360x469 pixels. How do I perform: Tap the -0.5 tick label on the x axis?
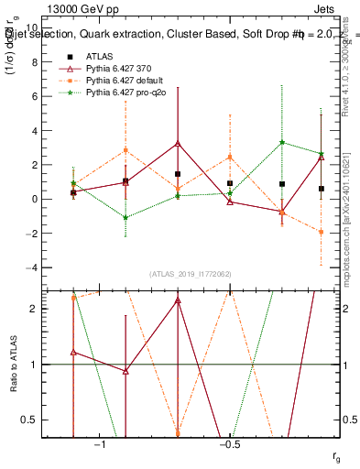[x=229, y=444]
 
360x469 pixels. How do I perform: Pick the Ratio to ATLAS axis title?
[x=14, y=365]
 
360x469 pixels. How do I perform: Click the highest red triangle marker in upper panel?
[x=178, y=144]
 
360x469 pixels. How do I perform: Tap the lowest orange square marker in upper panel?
[x=322, y=232]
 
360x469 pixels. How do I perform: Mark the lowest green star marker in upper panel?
[x=125, y=218]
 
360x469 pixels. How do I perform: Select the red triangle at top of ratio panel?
[x=178, y=300]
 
